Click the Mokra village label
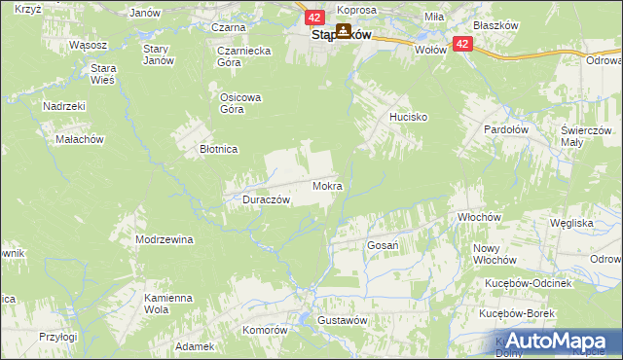click(x=327, y=185)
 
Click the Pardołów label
click(x=507, y=128)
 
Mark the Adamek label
click(x=195, y=346)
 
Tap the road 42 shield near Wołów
click(x=461, y=44)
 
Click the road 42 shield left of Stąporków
click(x=313, y=18)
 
